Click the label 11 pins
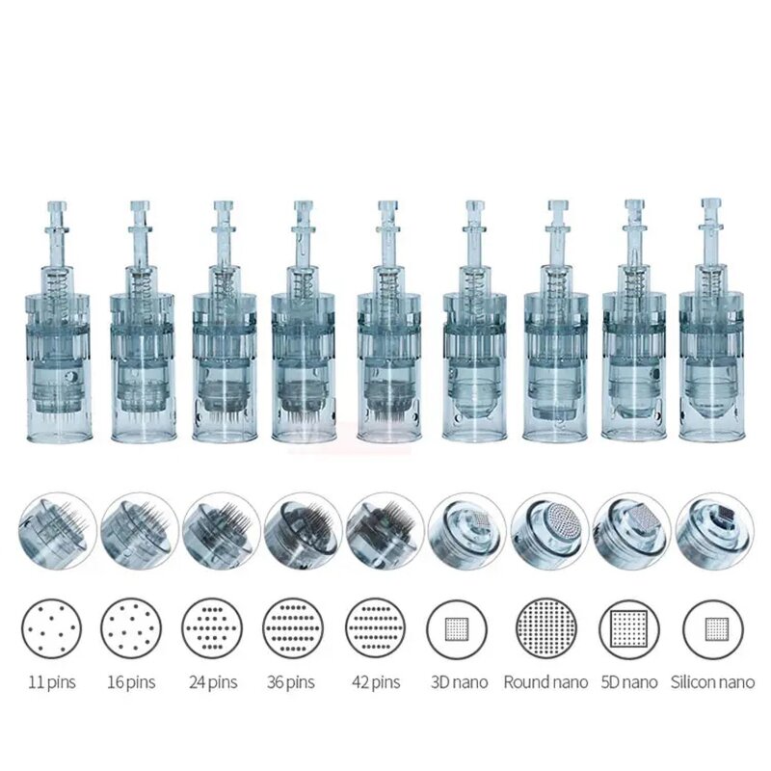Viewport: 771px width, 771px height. (53, 682)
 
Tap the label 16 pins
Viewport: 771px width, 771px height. (131, 682)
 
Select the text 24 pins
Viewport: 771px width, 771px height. (212, 682)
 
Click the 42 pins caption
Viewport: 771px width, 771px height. (375, 682)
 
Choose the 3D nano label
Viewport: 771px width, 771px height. (457, 682)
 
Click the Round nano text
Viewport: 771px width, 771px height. (546, 682)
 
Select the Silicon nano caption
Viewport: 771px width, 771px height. (713, 682)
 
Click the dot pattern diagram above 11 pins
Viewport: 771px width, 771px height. (51, 628)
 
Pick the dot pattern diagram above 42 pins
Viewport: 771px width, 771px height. (375, 628)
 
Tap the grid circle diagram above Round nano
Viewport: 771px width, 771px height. (546, 628)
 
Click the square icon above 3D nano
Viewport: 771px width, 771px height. (457, 628)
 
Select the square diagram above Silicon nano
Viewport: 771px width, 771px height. (713, 628)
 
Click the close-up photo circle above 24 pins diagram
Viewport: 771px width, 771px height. (221, 531)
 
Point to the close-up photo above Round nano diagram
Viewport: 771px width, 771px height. (549, 531)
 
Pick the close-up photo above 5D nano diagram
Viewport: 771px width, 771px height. (631, 531)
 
